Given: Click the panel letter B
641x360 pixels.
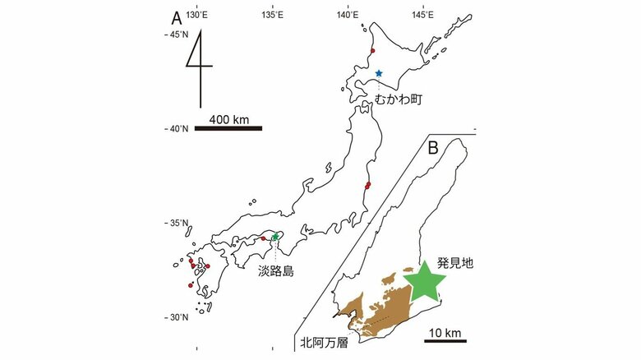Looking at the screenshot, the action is [433, 149].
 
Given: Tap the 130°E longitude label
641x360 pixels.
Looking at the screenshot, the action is [197, 15].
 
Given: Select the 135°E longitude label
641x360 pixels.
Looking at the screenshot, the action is [273, 15].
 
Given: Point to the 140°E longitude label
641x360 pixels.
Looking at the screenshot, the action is [348, 15].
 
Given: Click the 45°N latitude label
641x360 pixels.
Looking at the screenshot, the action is [178, 35].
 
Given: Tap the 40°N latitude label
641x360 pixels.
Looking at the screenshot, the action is [178, 129].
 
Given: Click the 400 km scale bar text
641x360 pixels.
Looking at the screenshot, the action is [229, 120].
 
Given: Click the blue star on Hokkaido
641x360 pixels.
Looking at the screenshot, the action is [379, 73].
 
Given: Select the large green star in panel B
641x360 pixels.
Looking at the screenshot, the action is [425, 279].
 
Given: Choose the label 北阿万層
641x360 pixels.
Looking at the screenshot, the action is [323, 344].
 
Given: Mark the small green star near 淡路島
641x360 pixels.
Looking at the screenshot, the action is [275, 237].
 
